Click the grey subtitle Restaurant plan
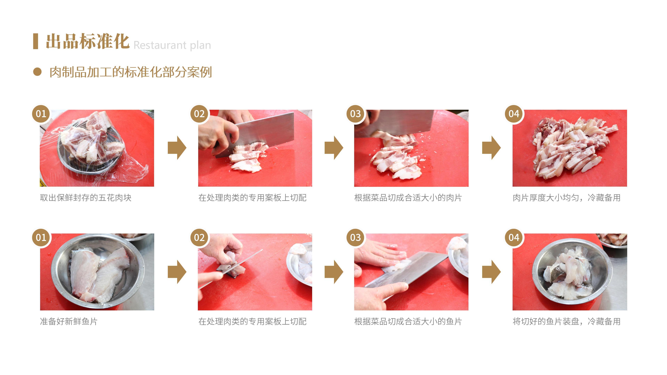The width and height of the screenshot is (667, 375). point(172,45)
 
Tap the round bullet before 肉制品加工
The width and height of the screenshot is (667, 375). point(37,72)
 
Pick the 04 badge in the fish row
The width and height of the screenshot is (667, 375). point(514,237)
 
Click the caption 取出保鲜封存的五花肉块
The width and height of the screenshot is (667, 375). point(86,198)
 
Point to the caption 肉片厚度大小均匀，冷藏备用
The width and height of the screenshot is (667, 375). point(567,198)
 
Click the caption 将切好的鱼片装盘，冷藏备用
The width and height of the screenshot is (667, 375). point(567,321)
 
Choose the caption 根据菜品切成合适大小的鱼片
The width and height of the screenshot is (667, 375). point(408,321)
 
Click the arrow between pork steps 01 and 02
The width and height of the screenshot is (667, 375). point(177,148)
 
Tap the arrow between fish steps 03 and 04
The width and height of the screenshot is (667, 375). point(491,272)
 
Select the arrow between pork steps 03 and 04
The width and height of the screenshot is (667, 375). point(491,148)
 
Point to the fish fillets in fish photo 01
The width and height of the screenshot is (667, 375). point(98,274)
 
